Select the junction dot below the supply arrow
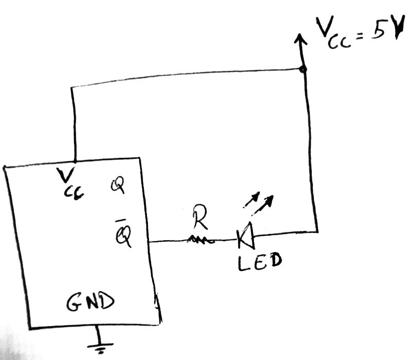[x=303, y=69]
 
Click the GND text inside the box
[x=90, y=303]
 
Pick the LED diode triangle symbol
[x=245, y=236]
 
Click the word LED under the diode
[x=259, y=262]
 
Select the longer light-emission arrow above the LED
[x=263, y=204]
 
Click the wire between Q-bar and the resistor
[x=170, y=241]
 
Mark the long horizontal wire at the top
[x=185, y=78]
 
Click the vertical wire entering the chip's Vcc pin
[x=74, y=123]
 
